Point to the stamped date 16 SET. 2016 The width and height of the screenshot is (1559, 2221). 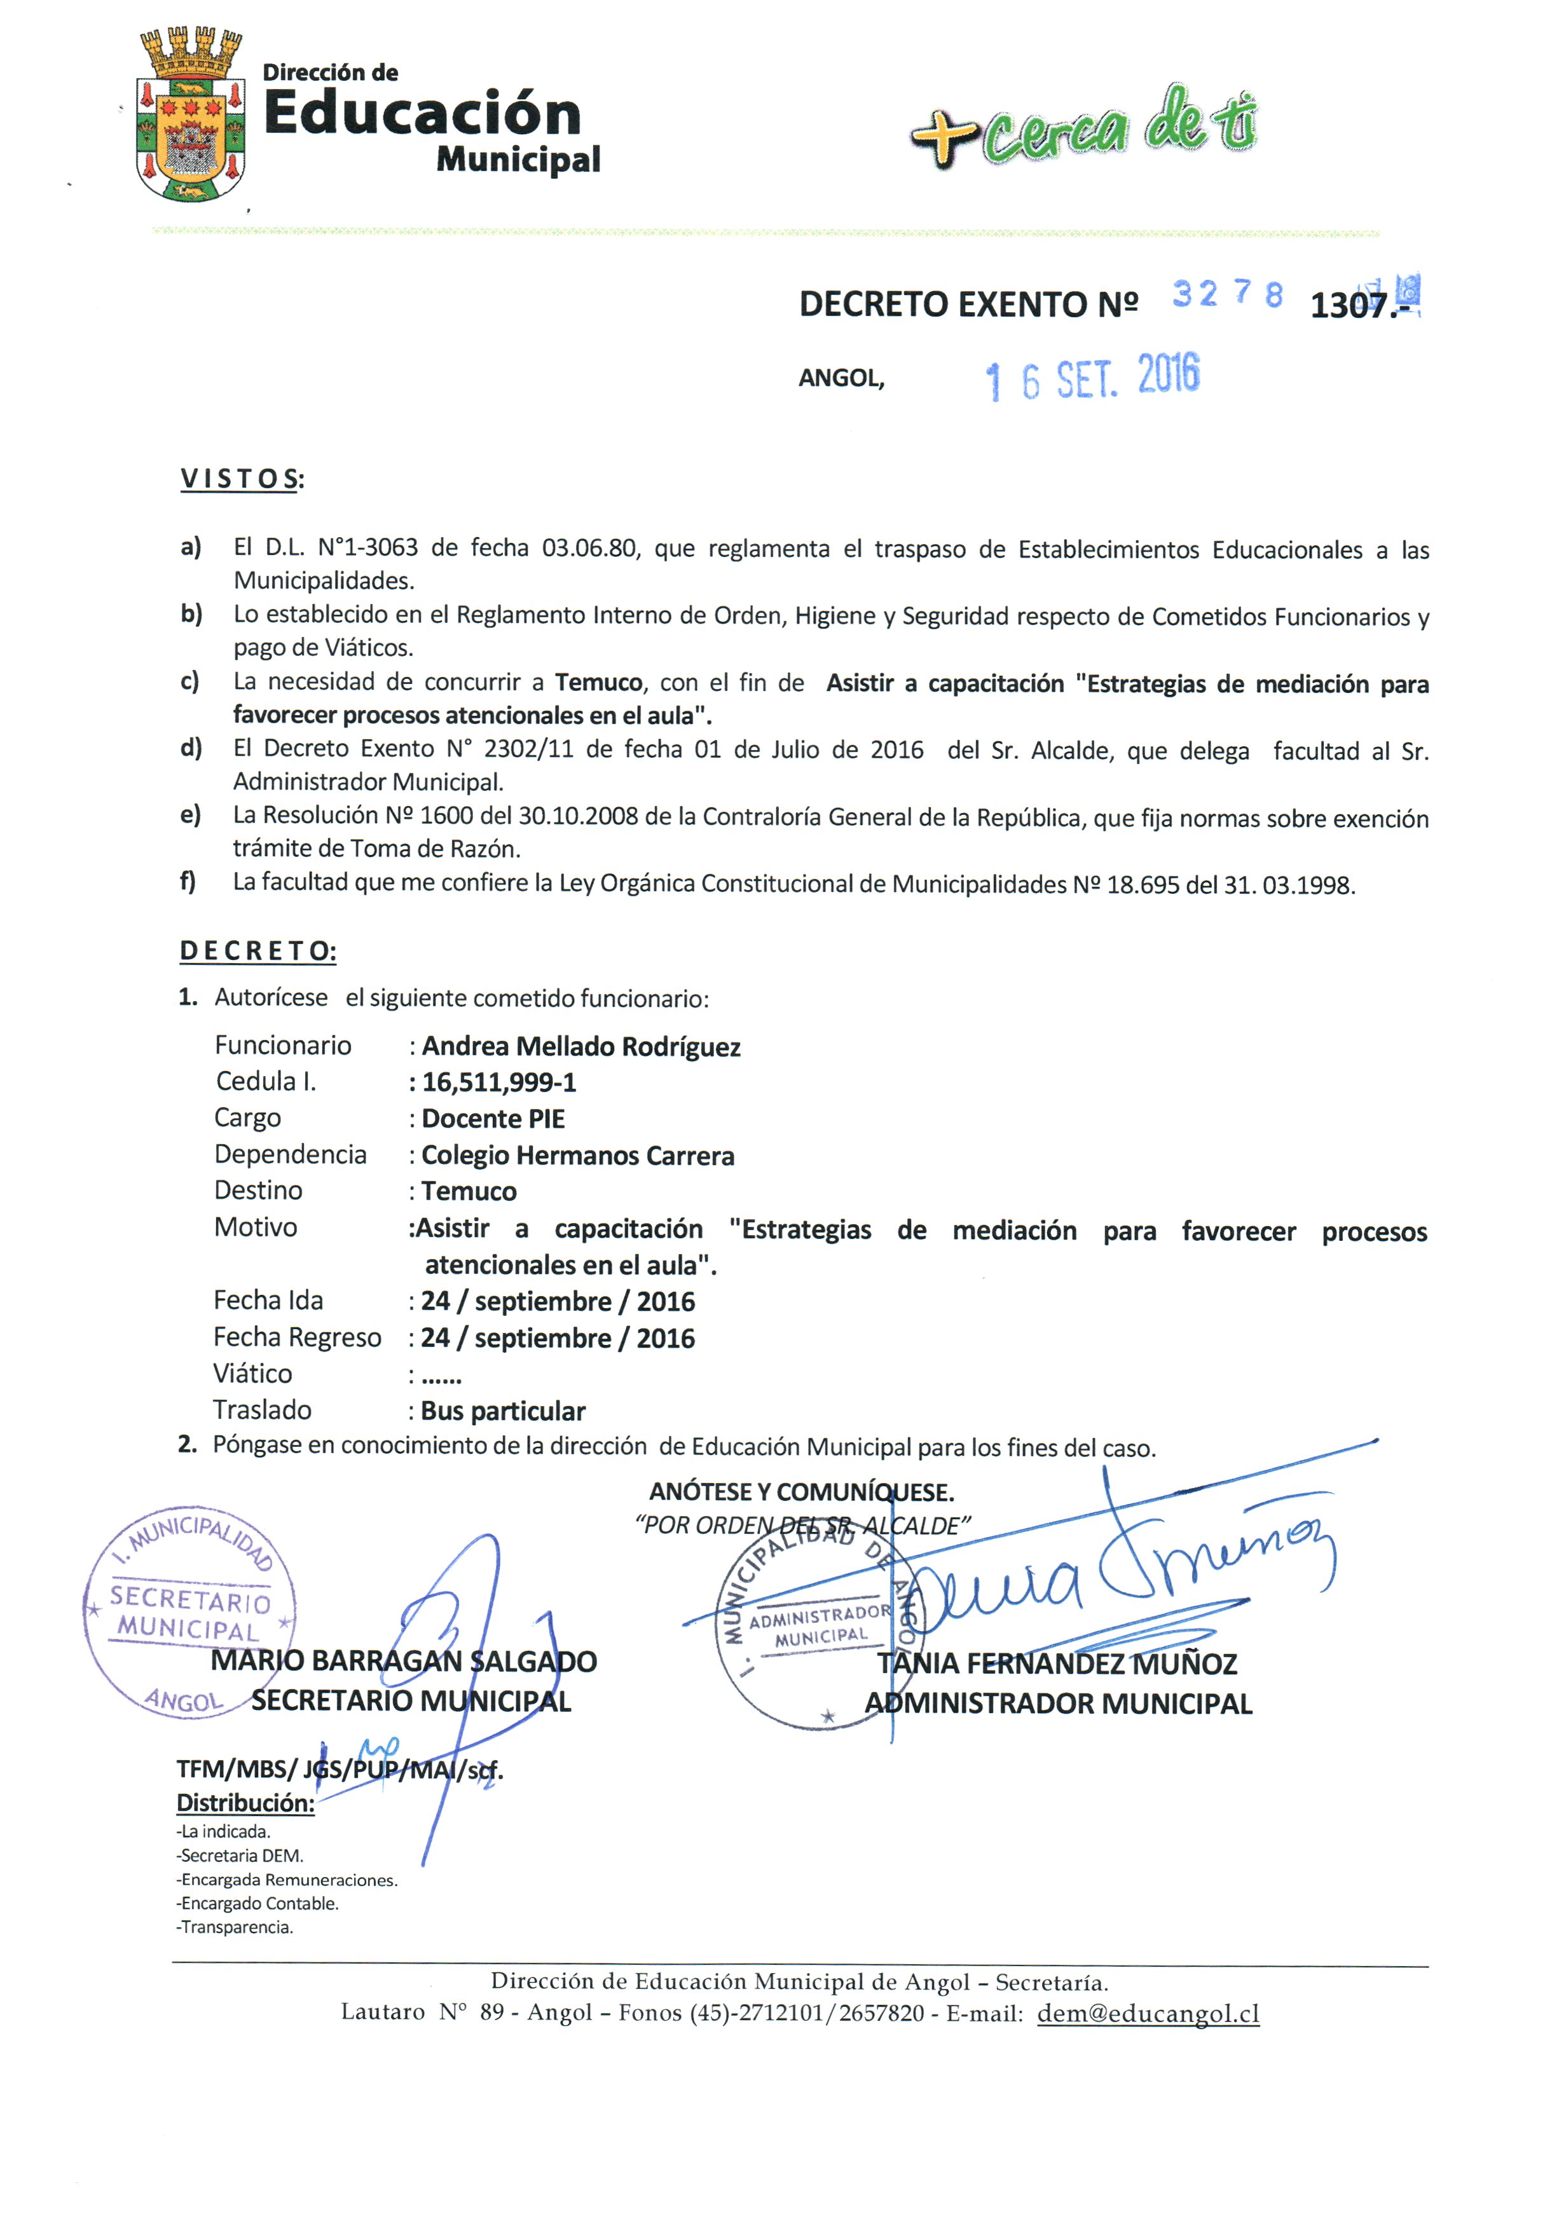tap(1092, 377)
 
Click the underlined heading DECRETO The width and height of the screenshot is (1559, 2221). tap(258, 951)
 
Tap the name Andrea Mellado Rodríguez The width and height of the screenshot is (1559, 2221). tap(580, 1047)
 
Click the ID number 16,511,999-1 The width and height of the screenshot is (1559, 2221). tap(498, 1083)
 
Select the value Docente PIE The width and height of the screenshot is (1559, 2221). tap(493, 1119)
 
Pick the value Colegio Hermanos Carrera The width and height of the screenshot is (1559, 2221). tap(578, 1156)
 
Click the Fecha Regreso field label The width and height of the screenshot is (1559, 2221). tap(297, 1338)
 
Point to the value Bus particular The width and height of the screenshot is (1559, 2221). tap(502, 1411)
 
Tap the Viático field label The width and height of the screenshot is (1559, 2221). tap(252, 1374)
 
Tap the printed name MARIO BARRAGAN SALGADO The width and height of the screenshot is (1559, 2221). tap(404, 1662)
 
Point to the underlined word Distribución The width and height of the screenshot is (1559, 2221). tap(245, 1803)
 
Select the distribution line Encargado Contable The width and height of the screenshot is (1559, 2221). tap(258, 1904)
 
